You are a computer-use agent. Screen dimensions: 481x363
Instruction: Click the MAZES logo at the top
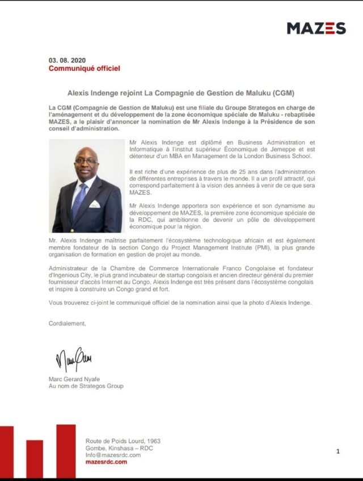[x=316, y=28]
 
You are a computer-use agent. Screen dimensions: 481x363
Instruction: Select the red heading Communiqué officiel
[x=84, y=69]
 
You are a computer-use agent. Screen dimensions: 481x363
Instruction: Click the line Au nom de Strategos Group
[x=86, y=386]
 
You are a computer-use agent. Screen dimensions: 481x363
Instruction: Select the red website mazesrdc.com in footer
[x=106, y=462]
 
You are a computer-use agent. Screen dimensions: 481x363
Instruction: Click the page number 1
[x=338, y=452]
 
